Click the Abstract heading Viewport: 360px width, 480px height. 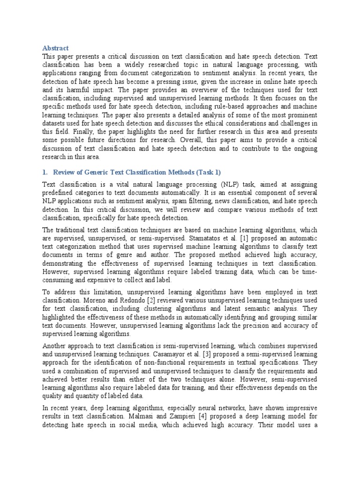(55, 48)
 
